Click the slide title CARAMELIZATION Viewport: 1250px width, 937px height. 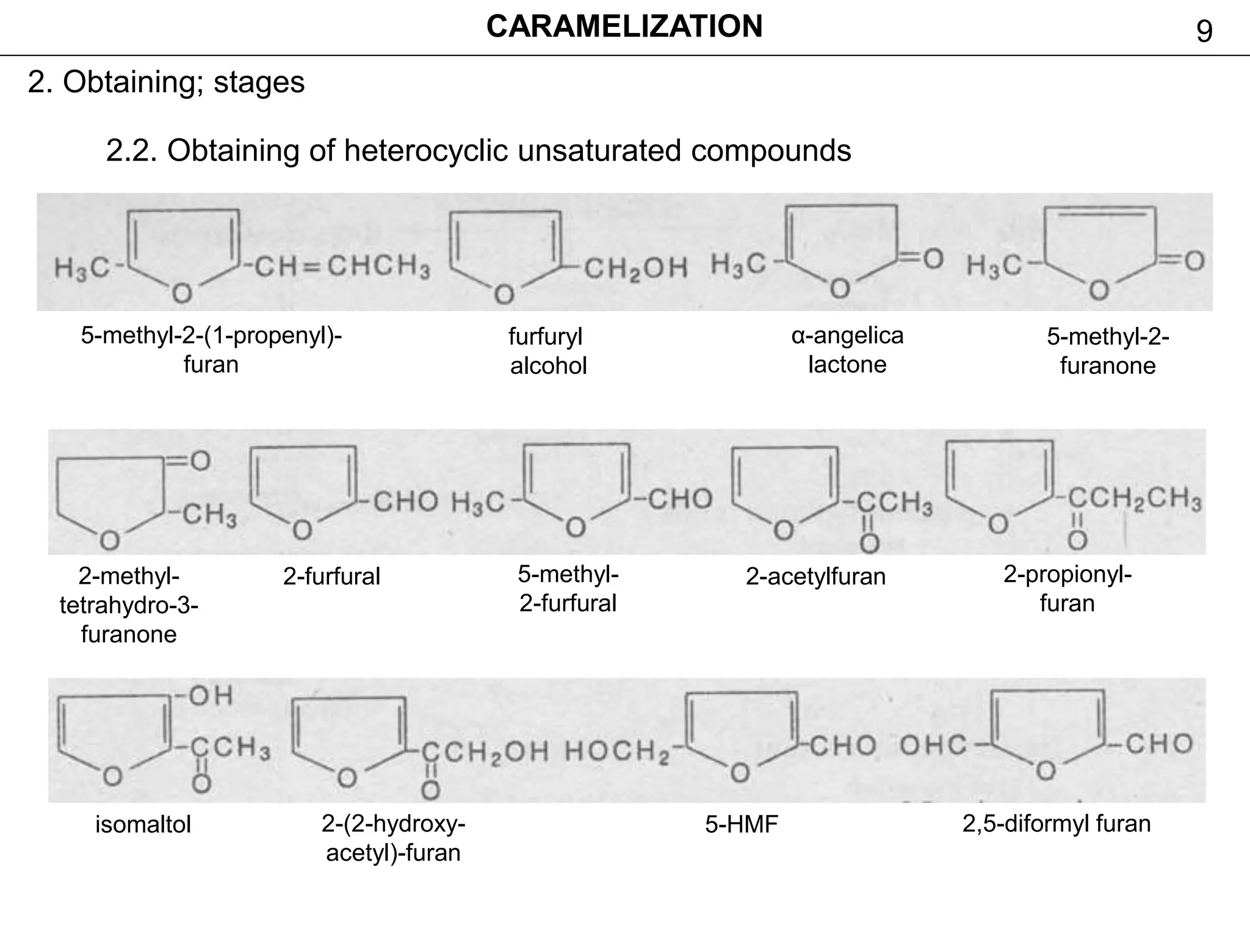(624, 27)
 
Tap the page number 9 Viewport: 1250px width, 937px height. (1204, 32)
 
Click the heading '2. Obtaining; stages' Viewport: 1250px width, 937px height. (166, 82)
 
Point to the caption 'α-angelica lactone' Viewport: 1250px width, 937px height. (847, 350)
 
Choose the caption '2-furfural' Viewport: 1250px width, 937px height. (331, 576)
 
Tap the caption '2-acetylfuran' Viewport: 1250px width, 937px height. (815, 576)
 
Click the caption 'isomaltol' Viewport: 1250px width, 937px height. (143, 825)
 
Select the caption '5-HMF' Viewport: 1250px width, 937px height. (742, 825)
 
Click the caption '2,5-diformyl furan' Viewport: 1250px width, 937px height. (1057, 824)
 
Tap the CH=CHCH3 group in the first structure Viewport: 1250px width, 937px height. (342, 267)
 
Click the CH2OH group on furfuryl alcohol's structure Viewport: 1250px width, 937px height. (635, 268)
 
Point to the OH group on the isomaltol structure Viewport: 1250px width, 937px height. (210, 695)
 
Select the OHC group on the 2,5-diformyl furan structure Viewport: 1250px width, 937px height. (934, 745)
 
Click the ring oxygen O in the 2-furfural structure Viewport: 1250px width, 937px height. (302, 530)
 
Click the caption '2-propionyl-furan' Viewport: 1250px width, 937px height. (1067, 589)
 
